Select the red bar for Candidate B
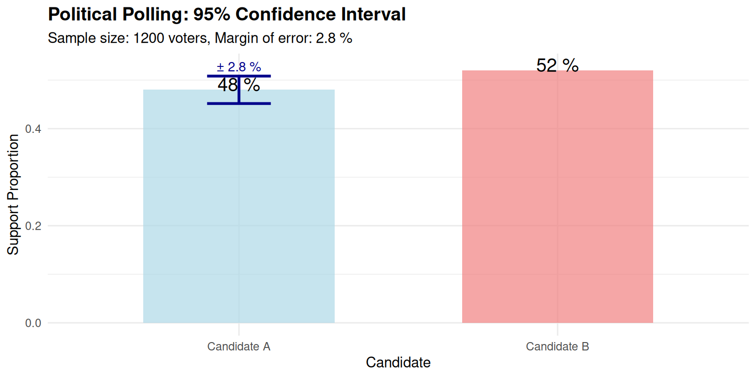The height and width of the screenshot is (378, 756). pyautogui.click(x=557, y=197)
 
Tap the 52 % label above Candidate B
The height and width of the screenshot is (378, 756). pyautogui.click(x=557, y=65)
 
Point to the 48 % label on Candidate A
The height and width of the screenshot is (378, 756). pyautogui.click(x=239, y=85)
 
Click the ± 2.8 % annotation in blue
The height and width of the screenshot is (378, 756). pyautogui.click(x=239, y=66)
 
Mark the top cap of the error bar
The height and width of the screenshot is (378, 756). pyautogui.click(x=239, y=76)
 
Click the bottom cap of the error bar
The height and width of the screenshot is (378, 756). pyautogui.click(x=239, y=103)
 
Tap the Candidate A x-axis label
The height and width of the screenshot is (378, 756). pyautogui.click(x=239, y=346)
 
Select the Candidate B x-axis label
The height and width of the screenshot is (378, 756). pyautogui.click(x=557, y=346)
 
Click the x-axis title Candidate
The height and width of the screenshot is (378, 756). pyautogui.click(x=398, y=363)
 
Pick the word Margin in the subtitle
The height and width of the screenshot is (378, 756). pyautogui.click(x=234, y=38)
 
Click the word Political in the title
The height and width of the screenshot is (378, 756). pyautogui.click(x=83, y=15)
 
